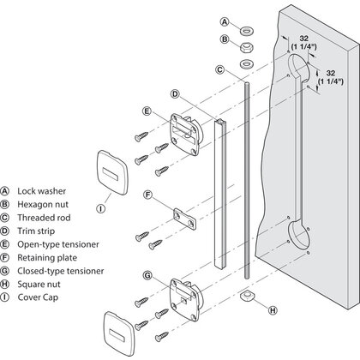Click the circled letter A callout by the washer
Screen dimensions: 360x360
[225, 21]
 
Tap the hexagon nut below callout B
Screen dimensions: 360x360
[246, 48]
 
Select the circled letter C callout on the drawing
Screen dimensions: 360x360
[219, 69]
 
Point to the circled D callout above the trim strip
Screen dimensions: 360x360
[175, 93]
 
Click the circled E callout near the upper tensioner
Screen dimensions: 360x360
[147, 111]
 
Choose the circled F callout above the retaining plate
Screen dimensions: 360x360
[147, 195]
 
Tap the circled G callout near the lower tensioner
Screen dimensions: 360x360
[147, 275]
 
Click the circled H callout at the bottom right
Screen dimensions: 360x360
[273, 310]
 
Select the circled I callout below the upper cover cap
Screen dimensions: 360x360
[100, 208]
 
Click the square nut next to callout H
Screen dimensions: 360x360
[246, 296]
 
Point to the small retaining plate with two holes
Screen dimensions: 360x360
[185, 219]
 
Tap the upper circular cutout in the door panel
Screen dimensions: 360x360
[298, 68]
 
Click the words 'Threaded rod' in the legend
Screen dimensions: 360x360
[44, 218]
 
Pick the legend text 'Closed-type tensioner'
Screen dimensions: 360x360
[61, 271]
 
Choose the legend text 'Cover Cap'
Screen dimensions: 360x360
[38, 297]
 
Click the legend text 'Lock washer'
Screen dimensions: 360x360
[42, 191]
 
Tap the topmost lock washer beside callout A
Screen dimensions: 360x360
[246, 30]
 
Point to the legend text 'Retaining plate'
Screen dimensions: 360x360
[47, 258]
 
